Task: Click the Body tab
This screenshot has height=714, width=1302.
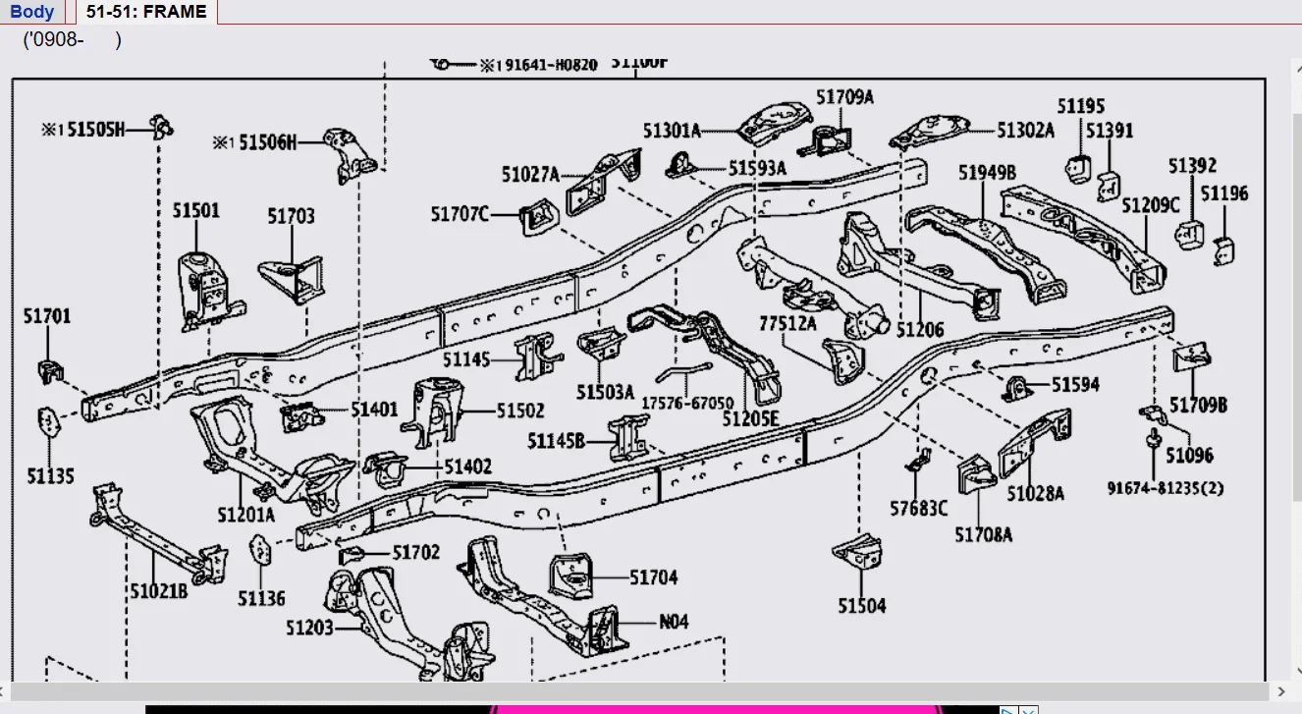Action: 32,12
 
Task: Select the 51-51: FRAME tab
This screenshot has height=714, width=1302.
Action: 146,12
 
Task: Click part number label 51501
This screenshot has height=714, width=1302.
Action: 196,210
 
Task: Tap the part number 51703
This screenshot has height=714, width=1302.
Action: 291,216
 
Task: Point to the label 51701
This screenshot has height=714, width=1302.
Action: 47,316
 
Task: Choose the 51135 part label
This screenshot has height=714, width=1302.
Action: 50,476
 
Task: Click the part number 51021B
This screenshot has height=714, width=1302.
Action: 158,590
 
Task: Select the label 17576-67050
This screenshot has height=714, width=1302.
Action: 687,403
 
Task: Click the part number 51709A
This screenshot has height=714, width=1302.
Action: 844,96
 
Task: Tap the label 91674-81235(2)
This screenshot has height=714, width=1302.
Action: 1166,488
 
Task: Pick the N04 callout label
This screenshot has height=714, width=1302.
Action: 674,621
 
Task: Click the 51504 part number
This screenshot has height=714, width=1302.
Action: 861,606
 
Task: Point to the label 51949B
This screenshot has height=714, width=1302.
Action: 987,173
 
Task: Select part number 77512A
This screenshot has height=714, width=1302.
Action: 787,323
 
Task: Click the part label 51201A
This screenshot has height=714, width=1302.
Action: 246,514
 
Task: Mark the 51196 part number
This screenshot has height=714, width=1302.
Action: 1224,193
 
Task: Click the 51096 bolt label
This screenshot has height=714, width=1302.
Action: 1189,455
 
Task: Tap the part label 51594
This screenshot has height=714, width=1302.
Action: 1075,385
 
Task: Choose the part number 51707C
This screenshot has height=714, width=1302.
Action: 460,213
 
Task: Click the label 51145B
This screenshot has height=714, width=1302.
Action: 556,441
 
